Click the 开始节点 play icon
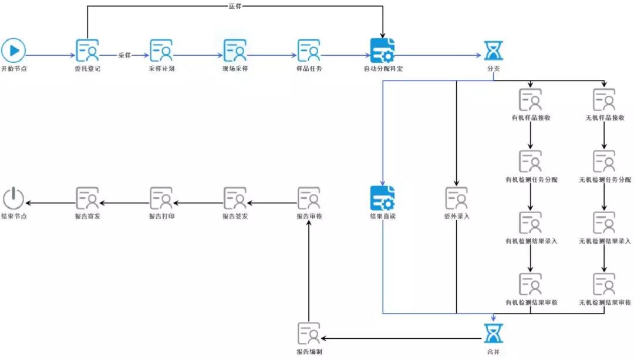point(13,51)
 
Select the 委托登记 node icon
point(87,51)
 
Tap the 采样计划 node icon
point(161,51)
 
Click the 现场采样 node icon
point(235,51)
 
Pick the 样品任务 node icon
point(309,51)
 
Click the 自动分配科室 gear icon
point(383,51)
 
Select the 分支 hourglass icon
point(493,51)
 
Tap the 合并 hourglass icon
point(493,333)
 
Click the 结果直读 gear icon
point(383,198)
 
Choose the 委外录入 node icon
point(457,198)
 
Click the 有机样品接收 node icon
point(531,100)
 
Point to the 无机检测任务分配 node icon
point(604,161)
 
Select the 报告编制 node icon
point(309,333)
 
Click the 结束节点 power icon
point(13,198)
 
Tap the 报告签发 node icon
point(235,198)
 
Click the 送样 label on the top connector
point(235,6)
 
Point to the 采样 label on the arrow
point(124,55)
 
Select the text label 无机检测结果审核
point(605,302)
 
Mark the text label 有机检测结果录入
point(531,241)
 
